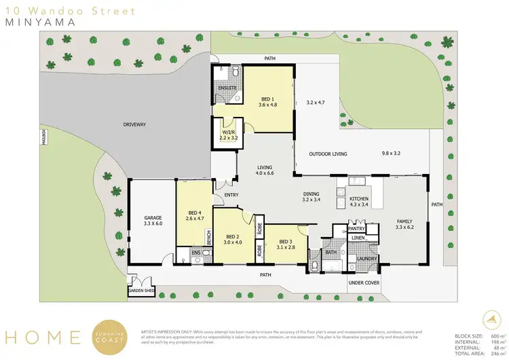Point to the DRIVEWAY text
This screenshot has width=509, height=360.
(x=134, y=124)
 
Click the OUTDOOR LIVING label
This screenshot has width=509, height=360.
(x=328, y=154)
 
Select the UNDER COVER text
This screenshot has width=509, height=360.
(x=364, y=282)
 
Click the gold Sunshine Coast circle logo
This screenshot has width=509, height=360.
(x=111, y=336)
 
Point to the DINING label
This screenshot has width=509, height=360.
(x=311, y=196)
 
